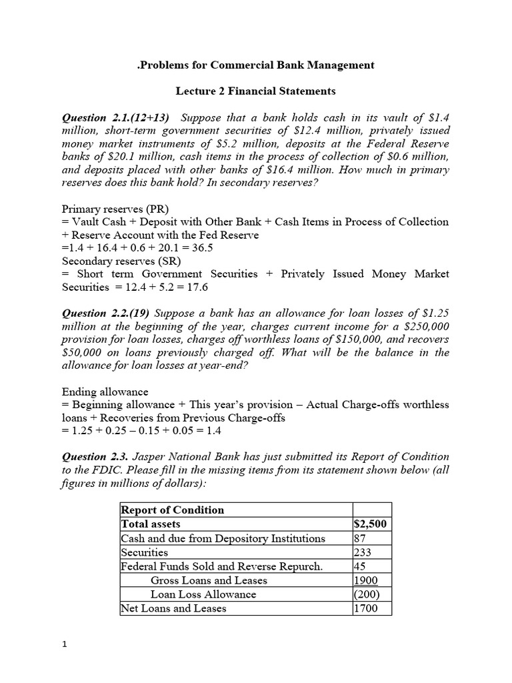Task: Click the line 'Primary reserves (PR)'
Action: pos(113,208)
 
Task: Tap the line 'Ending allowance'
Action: pos(105,392)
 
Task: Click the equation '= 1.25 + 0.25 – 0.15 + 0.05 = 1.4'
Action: pos(141,431)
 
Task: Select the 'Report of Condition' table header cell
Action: pos(173,510)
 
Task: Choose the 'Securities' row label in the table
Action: pos(145,552)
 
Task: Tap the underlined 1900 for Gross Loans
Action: pos(365,580)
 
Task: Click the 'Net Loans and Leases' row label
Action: pos(173,608)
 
